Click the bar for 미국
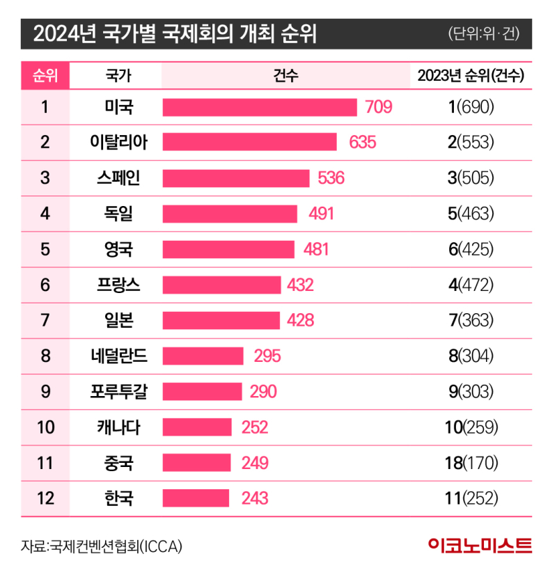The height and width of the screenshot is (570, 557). tap(260, 107)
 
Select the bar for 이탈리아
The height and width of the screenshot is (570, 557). tap(250, 143)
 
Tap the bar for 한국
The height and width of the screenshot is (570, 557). tap(196, 498)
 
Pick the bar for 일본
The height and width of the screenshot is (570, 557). tap(221, 320)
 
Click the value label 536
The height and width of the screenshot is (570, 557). tap(331, 178)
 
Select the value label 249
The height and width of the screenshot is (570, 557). tap(254, 463)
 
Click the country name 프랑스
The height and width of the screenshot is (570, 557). tap(116, 285)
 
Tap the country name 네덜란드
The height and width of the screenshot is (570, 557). tap(116, 356)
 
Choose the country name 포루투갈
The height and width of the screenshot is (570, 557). tap(116, 391)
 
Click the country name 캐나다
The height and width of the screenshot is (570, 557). tap(116, 427)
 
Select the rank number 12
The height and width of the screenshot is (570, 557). tap(45, 498)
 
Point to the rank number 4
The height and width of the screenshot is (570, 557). tap(45, 214)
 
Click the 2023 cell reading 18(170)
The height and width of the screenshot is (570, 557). tap(471, 463)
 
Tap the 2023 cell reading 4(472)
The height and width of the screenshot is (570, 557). tap(471, 285)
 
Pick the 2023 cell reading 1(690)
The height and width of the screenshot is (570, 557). tap(471, 107)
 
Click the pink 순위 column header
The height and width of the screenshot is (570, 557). tap(45, 76)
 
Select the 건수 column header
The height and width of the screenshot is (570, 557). tap(286, 76)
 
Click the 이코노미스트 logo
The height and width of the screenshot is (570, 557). tap(481, 545)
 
